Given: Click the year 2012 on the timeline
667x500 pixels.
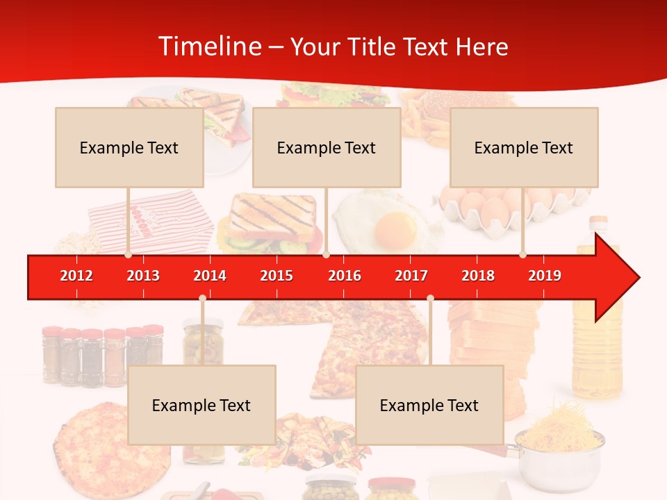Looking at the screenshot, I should (76, 276).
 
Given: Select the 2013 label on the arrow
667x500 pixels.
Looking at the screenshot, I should (143, 276).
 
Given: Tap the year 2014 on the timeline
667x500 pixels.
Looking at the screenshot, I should (210, 276).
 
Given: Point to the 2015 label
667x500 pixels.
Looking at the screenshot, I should (277, 276).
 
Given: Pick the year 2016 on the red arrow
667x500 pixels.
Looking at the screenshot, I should (345, 276).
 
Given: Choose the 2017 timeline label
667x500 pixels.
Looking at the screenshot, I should (411, 276).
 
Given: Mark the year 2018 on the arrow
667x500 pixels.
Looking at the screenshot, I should (478, 276).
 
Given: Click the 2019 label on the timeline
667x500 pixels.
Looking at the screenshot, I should (545, 276).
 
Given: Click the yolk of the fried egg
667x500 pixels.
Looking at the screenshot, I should (395, 226).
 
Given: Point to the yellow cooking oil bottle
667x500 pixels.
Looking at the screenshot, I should (595, 333).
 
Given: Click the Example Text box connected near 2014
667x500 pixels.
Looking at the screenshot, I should (201, 405).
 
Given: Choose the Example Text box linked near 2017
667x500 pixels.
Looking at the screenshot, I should (429, 405).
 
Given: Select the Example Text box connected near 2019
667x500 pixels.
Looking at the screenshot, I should (524, 147).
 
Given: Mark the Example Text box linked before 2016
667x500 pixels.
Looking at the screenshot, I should (327, 147).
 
